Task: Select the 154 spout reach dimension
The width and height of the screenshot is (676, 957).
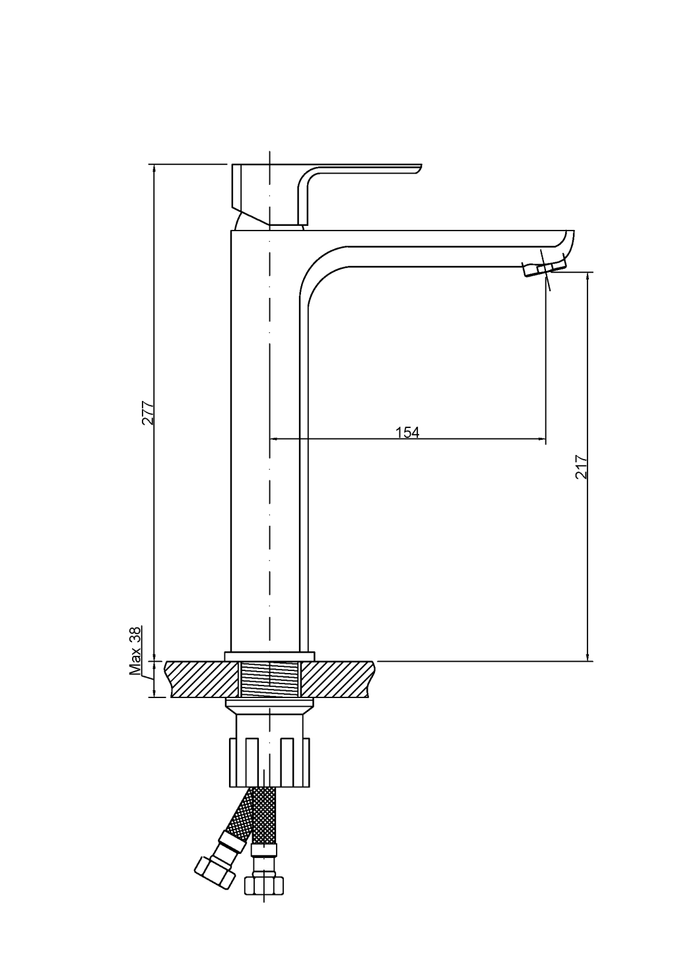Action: (x=407, y=433)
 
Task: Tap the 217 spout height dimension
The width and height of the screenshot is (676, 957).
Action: (x=581, y=467)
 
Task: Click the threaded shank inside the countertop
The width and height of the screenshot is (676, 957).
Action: (x=270, y=680)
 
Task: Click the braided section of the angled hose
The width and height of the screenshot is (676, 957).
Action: (x=240, y=812)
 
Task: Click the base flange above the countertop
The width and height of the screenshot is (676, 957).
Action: (x=269, y=656)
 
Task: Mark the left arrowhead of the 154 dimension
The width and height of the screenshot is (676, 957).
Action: (x=274, y=439)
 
